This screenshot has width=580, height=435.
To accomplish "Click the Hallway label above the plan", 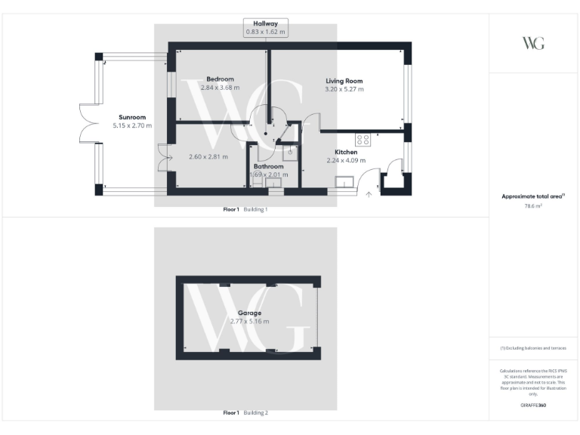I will coord(265,23).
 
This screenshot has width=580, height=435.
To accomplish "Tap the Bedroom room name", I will coord(220,79).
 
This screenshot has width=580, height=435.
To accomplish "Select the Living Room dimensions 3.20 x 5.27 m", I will coord(344,89).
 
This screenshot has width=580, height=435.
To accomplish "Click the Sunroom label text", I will coord(132,117).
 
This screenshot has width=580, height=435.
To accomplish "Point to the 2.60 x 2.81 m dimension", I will coord(208,157).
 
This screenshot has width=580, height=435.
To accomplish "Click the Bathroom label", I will coord(268,166).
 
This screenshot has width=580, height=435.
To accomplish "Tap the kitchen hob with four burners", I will coord(363,140).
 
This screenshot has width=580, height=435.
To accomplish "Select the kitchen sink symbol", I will coord(346,181).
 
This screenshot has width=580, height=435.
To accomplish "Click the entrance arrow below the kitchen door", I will coord(369,195).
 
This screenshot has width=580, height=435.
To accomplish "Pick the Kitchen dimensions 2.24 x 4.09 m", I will coord(345,160).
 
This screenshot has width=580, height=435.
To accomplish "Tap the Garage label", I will coord(249,313).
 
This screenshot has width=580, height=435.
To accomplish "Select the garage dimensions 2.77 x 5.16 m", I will coord(249,322).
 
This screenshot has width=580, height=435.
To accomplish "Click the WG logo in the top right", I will coord(533,43).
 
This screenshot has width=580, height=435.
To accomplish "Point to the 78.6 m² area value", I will coord(533,205).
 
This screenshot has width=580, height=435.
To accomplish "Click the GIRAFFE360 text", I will coord(533,406).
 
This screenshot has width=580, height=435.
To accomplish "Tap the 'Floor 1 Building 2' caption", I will coord(245,413).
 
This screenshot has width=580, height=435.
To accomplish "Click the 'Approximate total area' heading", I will coord(532,196).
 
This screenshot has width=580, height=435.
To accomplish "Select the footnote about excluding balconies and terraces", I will coord(533,348).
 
